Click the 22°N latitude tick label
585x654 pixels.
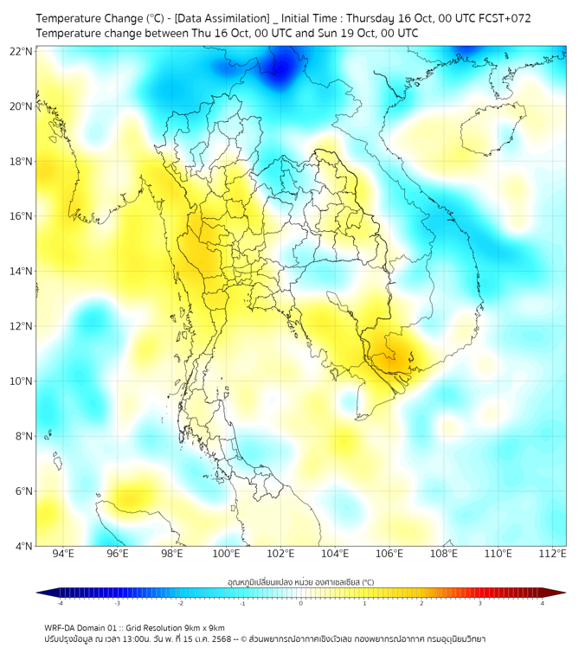click(21, 51)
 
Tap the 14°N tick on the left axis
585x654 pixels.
click(21, 272)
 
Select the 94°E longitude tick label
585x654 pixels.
click(63, 555)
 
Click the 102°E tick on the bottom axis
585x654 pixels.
click(280, 555)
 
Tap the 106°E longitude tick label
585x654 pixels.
click(389, 555)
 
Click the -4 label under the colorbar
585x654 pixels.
click(60, 604)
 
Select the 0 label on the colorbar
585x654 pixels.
click(301, 604)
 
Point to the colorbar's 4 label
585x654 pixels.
click(543, 604)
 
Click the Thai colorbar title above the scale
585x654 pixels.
click(300, 582)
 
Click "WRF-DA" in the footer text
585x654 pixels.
click(60, 628)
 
